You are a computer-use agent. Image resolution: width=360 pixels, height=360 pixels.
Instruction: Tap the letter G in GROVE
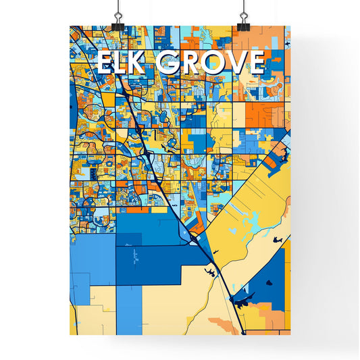[x=168, y=63]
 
